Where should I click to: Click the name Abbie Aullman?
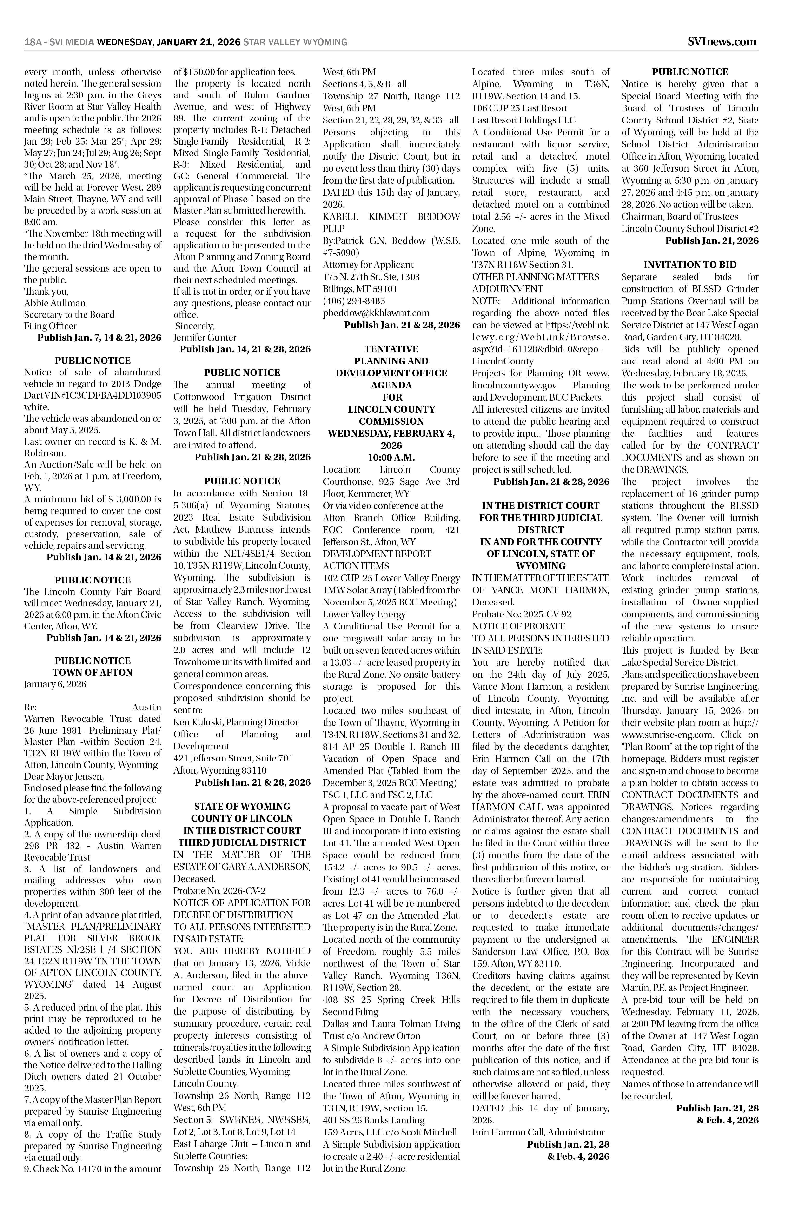tap(55, 303)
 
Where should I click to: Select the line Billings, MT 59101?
tap(360, 289)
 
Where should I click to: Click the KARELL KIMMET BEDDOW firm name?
tap(391, 216)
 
